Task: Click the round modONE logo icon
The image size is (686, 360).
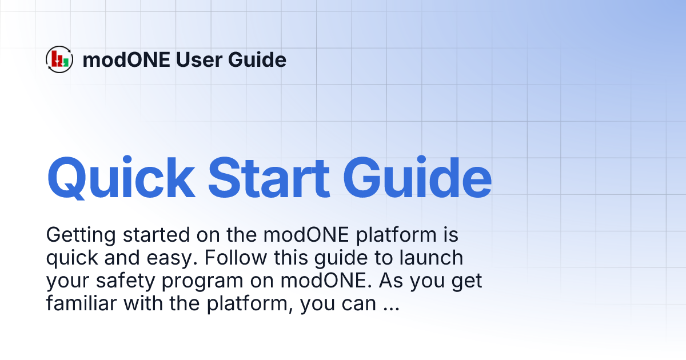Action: coord(59,59)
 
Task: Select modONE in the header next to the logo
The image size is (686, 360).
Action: coord(126,59)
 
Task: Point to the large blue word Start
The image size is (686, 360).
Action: coord(269,177)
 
